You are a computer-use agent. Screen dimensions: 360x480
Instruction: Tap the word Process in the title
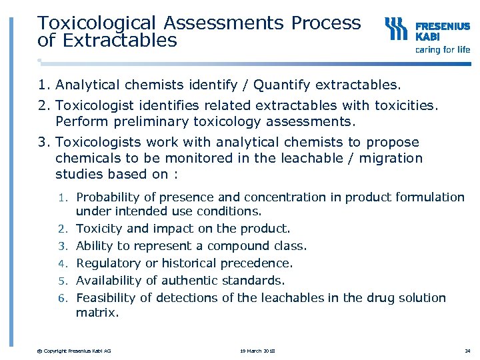(x=326, y=23)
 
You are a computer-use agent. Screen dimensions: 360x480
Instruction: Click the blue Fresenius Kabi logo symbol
(x=396, y=29)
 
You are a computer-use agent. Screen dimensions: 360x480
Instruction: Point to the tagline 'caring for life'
(x=443, y=49)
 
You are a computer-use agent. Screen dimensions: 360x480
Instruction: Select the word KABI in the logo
(x=428, y=37)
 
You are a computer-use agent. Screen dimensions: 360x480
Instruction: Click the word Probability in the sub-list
(x=108, y=197)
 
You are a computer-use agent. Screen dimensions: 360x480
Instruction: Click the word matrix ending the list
(x=97, y=312)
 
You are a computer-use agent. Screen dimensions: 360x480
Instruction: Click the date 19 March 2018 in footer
(x=257, y=351)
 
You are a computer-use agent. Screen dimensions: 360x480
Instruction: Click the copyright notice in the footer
(x=74, y=351)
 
